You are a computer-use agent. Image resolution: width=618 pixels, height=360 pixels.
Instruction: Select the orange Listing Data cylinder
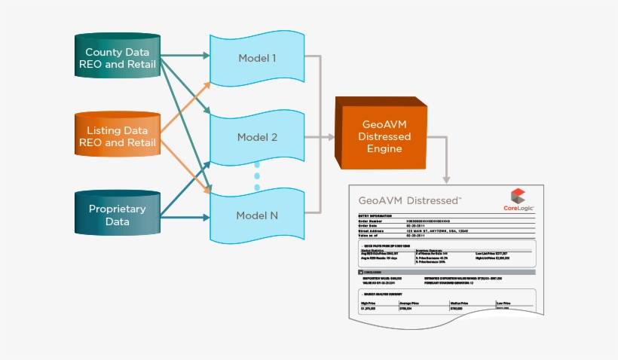click(x=118, y=136)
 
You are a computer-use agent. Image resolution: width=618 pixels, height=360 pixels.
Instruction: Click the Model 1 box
click(x=257, y=58)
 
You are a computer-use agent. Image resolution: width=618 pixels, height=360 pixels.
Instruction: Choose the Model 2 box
click(x=257, y=137)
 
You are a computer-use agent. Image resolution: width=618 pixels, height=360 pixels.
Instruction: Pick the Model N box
click(x=257, y=215)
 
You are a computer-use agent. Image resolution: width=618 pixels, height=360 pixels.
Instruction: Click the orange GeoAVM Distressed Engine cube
click(x=385, y=137)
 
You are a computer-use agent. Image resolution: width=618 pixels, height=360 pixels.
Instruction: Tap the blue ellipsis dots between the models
click(x=257, y=175)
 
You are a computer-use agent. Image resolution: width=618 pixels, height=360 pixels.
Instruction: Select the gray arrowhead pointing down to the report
click(x=446, y=178)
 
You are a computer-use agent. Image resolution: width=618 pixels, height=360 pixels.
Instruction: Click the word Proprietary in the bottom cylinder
click(x=118, y=209)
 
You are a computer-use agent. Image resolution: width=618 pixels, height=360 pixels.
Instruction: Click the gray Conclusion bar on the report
click(x=445, y=271)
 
